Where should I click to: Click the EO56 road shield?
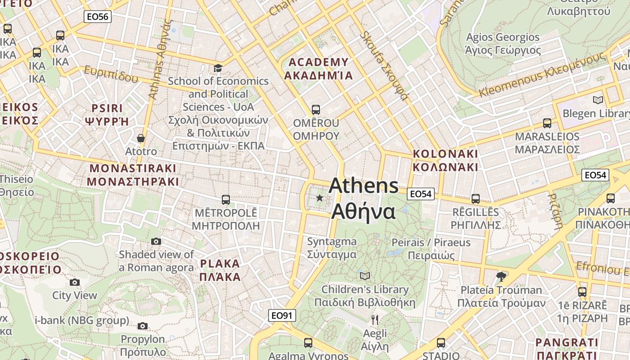98,17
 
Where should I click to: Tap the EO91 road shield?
282,315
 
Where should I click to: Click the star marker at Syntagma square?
320,198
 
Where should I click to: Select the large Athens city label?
364,198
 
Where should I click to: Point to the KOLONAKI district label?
445,160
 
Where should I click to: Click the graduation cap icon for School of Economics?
218,68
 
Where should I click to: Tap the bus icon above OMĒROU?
316,109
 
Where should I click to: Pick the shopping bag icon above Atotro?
141,138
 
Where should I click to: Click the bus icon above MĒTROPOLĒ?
226,199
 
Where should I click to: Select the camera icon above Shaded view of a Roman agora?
156,241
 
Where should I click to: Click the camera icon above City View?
75,282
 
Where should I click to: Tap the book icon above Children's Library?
365,275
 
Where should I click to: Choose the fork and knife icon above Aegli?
374,320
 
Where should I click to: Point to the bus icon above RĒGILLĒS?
476,198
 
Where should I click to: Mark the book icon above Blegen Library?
598,100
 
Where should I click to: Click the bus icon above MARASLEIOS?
547,123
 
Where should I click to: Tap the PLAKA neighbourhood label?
220,270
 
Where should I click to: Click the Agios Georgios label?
503,44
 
